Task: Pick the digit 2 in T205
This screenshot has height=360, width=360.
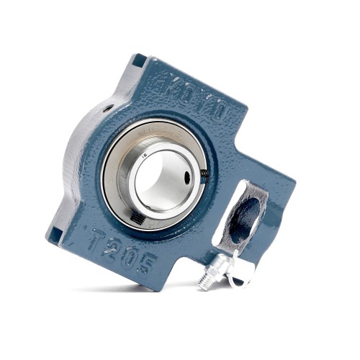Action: pyautogui.click(x=112, y=244)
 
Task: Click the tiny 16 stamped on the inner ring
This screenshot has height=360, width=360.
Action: pyautogui.click(x=146, y=153)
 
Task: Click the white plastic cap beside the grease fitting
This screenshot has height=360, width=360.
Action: pyautogui.click(x=239, y=270)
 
